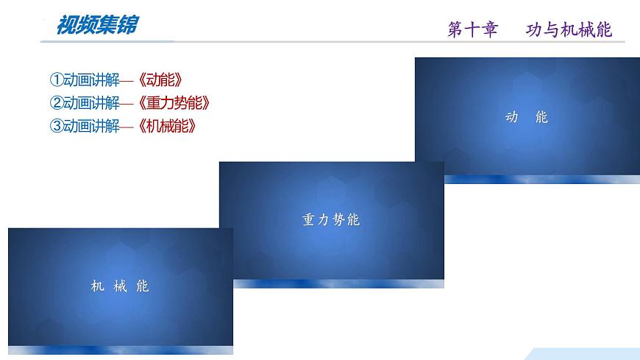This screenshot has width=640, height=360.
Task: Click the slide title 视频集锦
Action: pos(96,26)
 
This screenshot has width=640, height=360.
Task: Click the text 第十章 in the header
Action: pos(472,29)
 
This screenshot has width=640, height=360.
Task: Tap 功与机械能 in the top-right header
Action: pos(569,29)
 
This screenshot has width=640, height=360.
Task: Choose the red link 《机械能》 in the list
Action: pos(169,126)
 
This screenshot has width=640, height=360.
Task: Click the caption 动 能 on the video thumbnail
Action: pos(527,117)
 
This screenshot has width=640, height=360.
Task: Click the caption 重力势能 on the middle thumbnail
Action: pos(331,219)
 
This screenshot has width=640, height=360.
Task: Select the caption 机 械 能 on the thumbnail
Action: pos(120,286)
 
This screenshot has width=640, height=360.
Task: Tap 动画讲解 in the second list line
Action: pos(91,103)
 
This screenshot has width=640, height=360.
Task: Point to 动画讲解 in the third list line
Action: pos(91,126)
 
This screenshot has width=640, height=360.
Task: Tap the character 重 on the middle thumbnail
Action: pos(307,219)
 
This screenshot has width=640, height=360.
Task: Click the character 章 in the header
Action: pos(489,29)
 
